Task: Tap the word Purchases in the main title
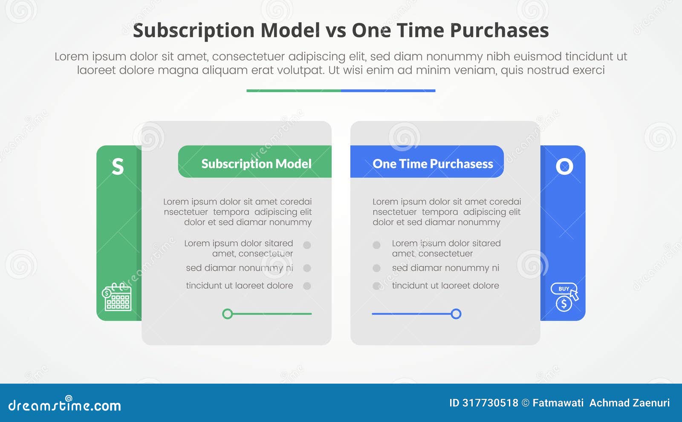(499, 31)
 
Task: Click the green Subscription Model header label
(256, 164)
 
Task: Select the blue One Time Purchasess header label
(432, 164)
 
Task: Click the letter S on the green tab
(118, 167)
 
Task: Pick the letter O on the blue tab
(564, 167)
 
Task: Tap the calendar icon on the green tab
(117, 297)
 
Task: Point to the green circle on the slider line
(228, 314)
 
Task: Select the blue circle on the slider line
(456, 314)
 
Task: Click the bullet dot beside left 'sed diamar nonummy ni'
(307, 268)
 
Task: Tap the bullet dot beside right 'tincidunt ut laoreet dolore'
(376, 286)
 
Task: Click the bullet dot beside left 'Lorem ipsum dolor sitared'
(307, 245)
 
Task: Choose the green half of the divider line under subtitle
(293, 91)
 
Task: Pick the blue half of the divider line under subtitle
(388, 91)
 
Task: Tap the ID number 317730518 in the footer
(490, 403)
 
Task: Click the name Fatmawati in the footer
(558, 403)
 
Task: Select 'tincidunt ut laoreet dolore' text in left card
(239, 286)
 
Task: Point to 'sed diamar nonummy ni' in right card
(445, 268)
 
